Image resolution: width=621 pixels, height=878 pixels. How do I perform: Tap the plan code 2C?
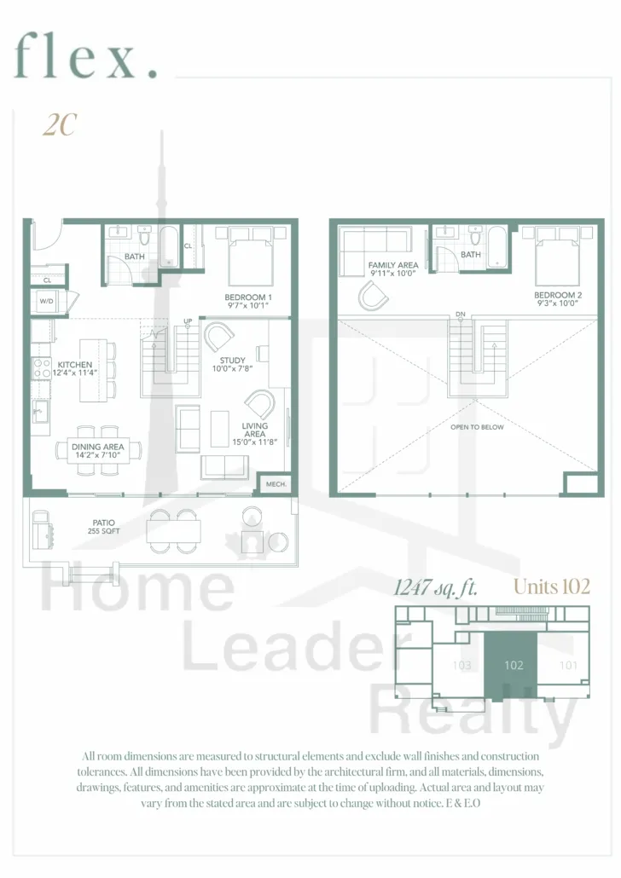60,124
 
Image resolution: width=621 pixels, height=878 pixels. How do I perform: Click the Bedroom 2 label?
557,298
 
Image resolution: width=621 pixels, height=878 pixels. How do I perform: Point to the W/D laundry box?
47,301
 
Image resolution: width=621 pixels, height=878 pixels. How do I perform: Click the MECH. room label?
276,484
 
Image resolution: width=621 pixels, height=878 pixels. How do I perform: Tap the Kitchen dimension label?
75,368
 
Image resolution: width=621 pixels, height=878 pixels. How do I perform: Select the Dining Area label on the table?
97,451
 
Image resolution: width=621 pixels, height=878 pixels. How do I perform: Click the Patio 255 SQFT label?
104,527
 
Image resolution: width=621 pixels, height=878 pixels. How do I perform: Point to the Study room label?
232,364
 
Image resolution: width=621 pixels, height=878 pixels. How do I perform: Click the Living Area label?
254,434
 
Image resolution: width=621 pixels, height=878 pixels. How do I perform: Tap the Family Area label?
393,269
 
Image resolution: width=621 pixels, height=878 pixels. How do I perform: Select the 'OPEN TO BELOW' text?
477,427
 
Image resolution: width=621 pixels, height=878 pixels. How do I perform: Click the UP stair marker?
188,321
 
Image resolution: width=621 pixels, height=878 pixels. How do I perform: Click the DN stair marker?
460,315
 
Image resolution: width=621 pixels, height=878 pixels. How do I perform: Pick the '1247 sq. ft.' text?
436,587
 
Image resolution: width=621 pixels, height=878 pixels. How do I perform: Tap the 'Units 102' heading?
552,586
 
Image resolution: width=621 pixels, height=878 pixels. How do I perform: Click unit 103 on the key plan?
461,665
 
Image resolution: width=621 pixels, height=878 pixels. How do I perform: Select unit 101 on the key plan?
568,665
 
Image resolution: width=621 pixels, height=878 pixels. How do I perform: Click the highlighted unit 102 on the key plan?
511,665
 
